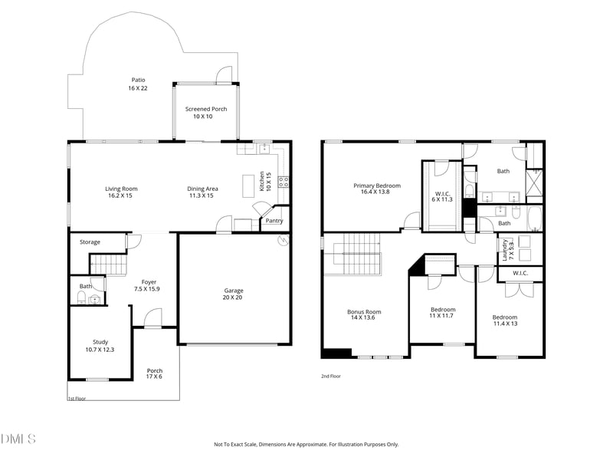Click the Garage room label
click(234, 291)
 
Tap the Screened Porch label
click(206, 109)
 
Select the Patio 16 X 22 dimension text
click(138, 88)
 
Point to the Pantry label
click(274, 221)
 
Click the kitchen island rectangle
click(248, 186)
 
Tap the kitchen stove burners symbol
click(284, 182)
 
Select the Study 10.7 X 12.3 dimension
click(100, 350)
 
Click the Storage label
click(90, 242)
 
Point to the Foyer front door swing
click(153, 317)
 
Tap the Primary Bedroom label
click(377, 186)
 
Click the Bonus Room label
click(364, 312)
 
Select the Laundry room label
click(505, 250)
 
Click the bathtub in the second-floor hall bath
click(535, 219)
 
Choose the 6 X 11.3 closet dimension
click(442, 199)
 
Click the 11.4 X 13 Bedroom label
click(505, 317)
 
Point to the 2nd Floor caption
click(331, 376)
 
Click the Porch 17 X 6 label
click(155, 373)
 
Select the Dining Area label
click(202, 189)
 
